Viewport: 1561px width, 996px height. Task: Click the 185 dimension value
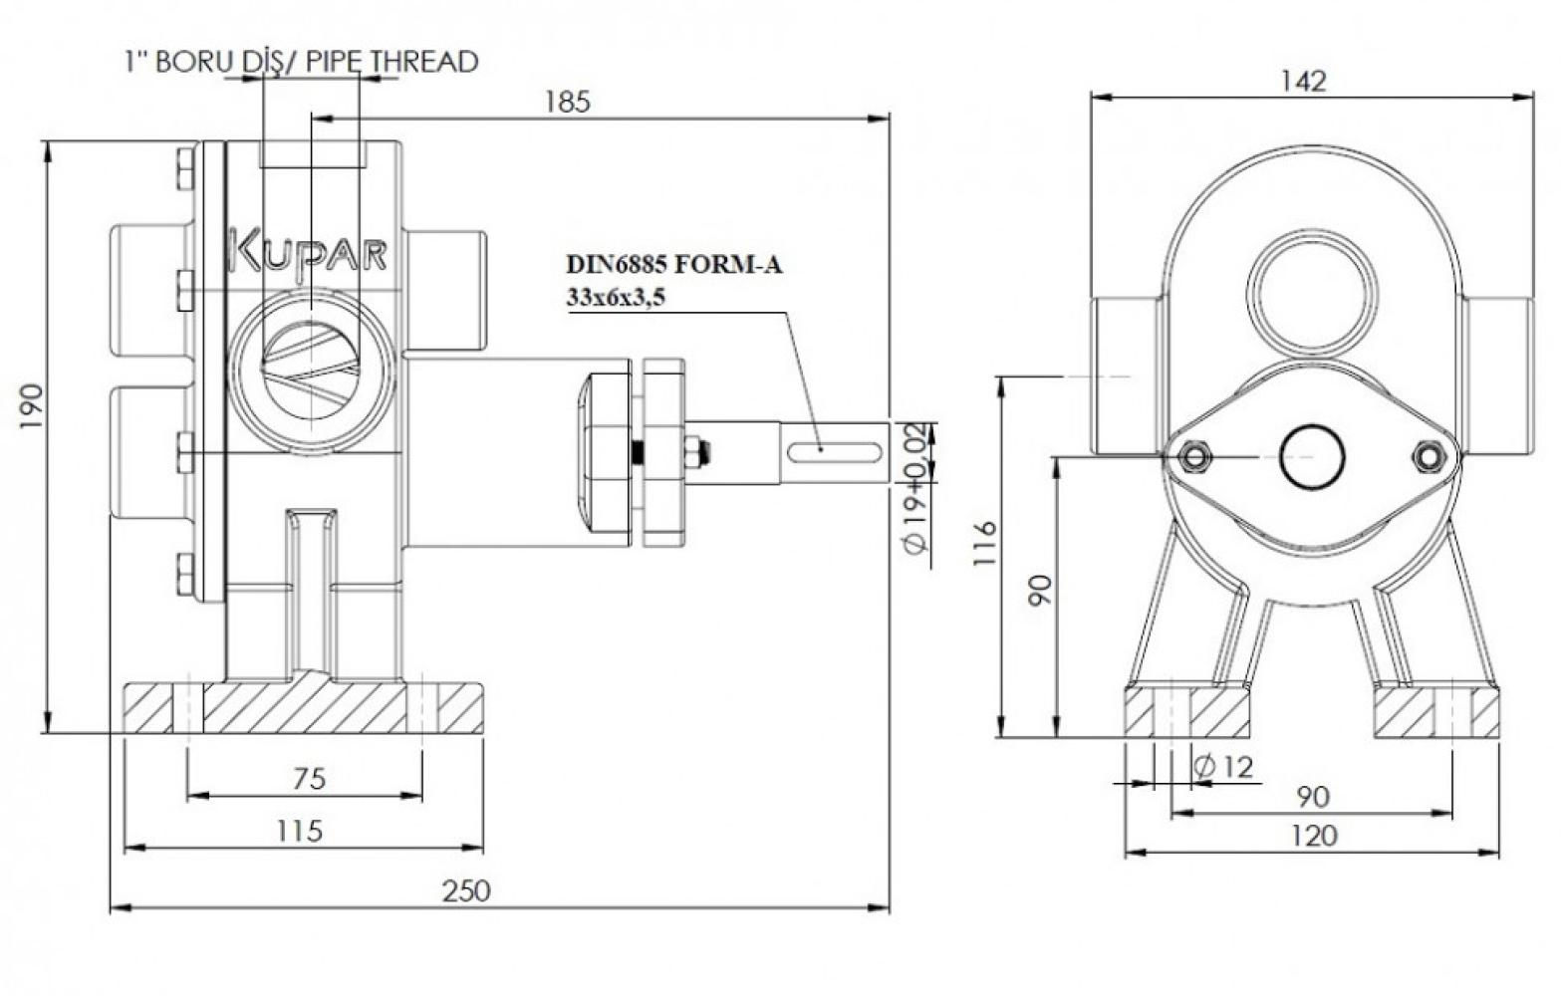coord(567,103)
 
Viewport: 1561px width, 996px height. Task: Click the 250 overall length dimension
coord(466,890)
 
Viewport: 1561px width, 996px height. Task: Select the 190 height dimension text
coord(32,406)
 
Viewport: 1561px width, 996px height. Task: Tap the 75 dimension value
coord(309,779)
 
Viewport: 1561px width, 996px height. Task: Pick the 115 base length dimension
coord(300,831)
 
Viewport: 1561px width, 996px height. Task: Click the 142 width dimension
coord(1304,82)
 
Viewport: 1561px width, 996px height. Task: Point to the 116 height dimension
coord(985,544)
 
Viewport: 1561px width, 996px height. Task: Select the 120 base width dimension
coord(1314,835)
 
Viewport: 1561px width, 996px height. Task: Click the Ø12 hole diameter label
coord(1223,767)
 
